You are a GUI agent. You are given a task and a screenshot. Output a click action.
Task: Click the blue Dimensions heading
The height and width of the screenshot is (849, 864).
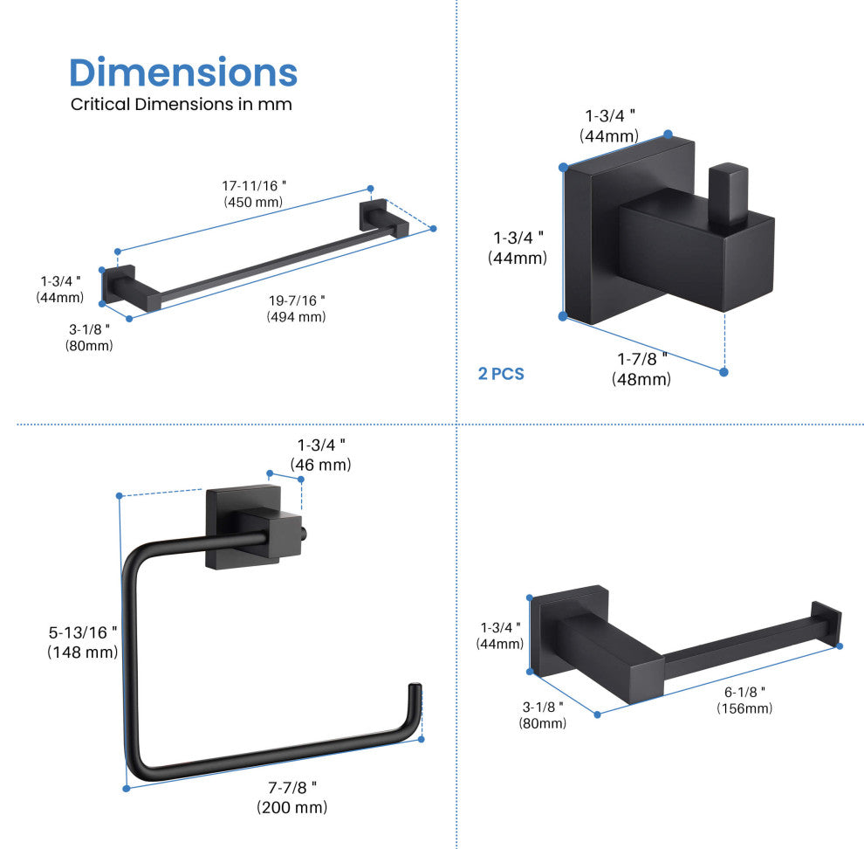tap(183, 72)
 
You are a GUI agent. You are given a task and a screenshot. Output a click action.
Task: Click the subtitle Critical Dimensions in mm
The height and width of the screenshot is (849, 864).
tap(181, 105)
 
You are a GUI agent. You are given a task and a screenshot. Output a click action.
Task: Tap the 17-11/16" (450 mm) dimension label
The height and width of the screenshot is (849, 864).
tap(254, 194)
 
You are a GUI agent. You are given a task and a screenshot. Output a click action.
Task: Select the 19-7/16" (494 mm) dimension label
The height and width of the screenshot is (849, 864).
tap(297, 308)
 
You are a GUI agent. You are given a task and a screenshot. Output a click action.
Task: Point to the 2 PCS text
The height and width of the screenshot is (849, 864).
tap(501, 374)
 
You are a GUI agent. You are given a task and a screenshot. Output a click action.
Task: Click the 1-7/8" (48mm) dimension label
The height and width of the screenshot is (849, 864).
tap(641, 368)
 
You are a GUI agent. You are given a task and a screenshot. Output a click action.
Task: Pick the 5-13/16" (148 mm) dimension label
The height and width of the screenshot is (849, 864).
tap(83, 641)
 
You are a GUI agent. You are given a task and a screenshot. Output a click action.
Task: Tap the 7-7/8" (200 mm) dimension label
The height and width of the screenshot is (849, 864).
tap(292, 797)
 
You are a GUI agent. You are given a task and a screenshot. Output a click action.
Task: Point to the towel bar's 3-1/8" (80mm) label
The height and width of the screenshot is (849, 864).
tap(89, 336)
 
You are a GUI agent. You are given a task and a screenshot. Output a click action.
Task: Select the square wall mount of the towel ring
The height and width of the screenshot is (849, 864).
tap(229, 524)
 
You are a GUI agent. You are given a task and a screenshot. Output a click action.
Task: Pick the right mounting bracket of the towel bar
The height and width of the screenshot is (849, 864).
tap(384, 218)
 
